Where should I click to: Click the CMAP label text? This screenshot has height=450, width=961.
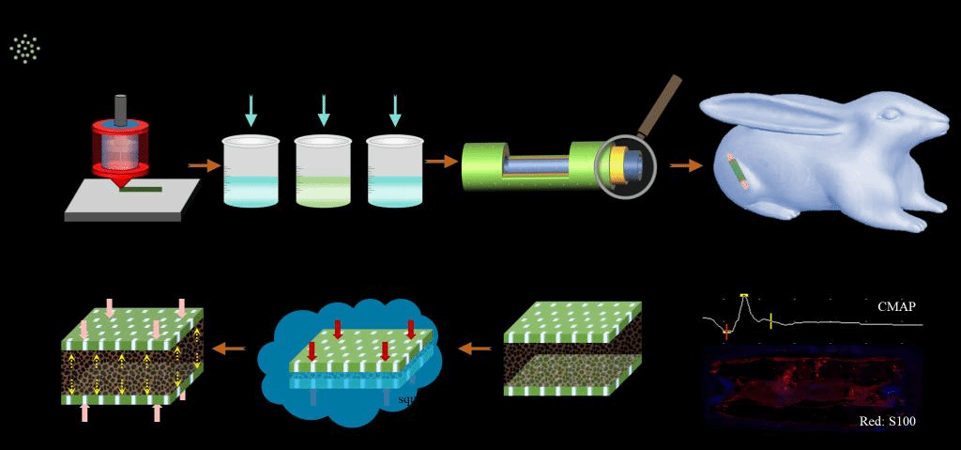click(x=896, y=306)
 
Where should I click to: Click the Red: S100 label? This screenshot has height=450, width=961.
click(x=887, y=422)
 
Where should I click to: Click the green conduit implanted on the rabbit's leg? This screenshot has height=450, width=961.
click(x=738, y=170)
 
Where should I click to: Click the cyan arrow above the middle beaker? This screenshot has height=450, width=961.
click(x=323, y=110)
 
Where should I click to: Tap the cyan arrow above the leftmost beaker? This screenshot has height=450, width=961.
click(x=251, y=110)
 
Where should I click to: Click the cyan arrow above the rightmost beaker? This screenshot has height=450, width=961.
click(x=394, y=110)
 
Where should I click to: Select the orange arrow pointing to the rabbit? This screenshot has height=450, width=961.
click(x=686, y=165)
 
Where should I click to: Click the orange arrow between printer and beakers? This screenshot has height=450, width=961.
click(x=203, y=165)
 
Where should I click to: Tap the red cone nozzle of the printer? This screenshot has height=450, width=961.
click(x=121, y=178)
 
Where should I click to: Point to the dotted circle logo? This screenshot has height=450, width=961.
click(x=25, y=48)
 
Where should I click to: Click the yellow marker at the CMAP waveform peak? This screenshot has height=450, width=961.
click(x=744, y=295)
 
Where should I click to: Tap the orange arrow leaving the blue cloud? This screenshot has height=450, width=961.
click(x=230, y=349)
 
